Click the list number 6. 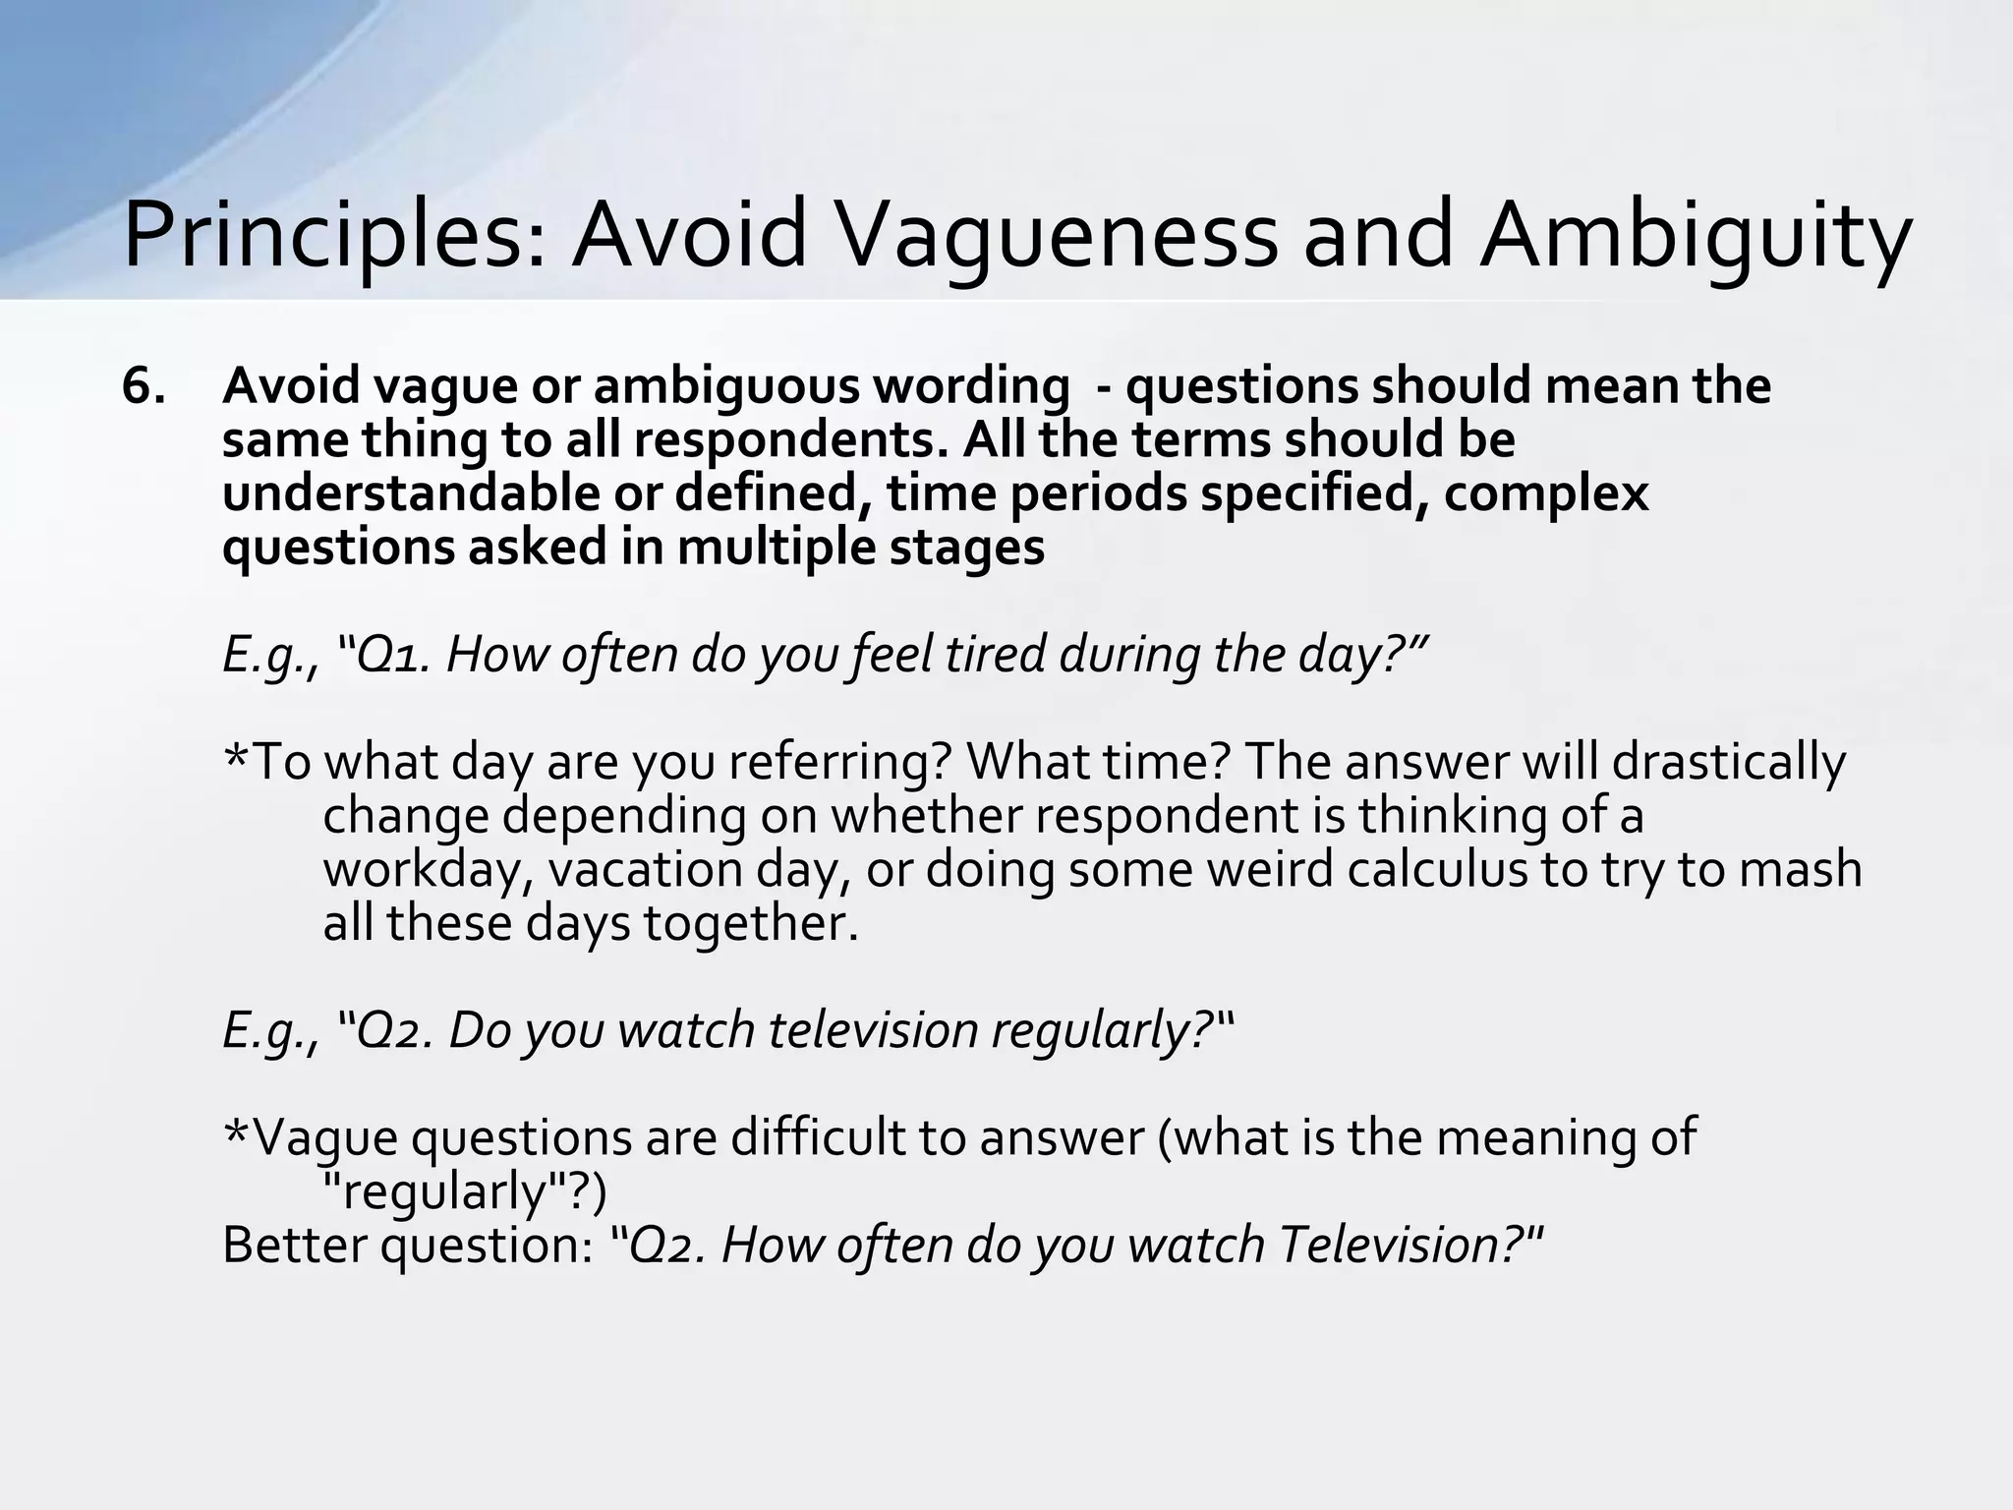pos(144,385)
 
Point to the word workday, pos(427,870)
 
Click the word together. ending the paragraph pos(751,924)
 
